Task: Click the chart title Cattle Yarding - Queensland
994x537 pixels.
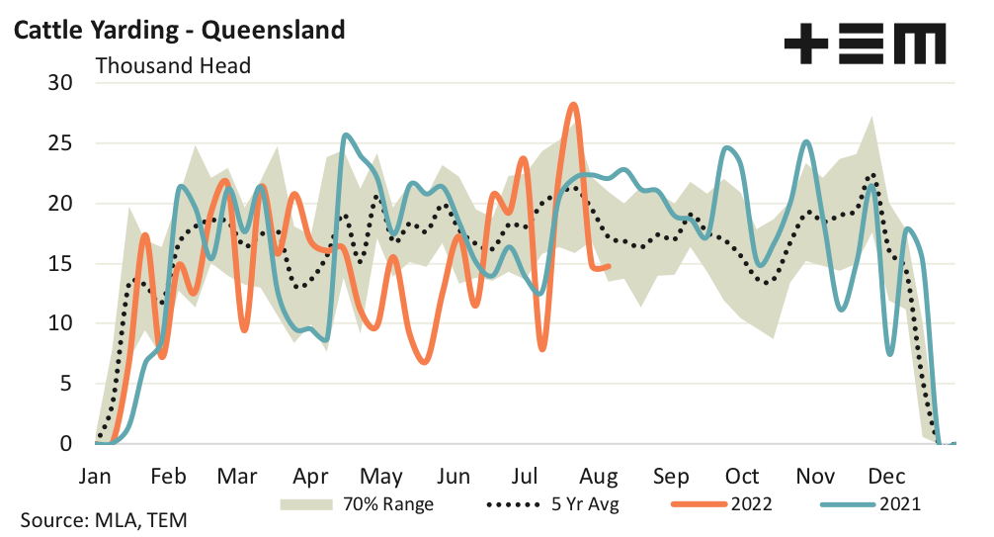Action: click(178, 29)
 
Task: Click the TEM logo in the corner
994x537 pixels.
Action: click(864, 45)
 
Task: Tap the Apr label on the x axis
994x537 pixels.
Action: click(310, 477)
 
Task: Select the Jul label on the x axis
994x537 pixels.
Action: click(527, 477)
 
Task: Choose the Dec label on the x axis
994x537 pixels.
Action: click(886, 477)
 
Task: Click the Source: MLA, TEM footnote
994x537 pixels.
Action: click(103, 520)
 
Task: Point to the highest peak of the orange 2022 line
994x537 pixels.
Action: click(573, 104)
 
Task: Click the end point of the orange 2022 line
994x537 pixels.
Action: click(609, 265)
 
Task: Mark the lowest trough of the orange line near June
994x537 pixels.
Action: click(425, 362)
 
